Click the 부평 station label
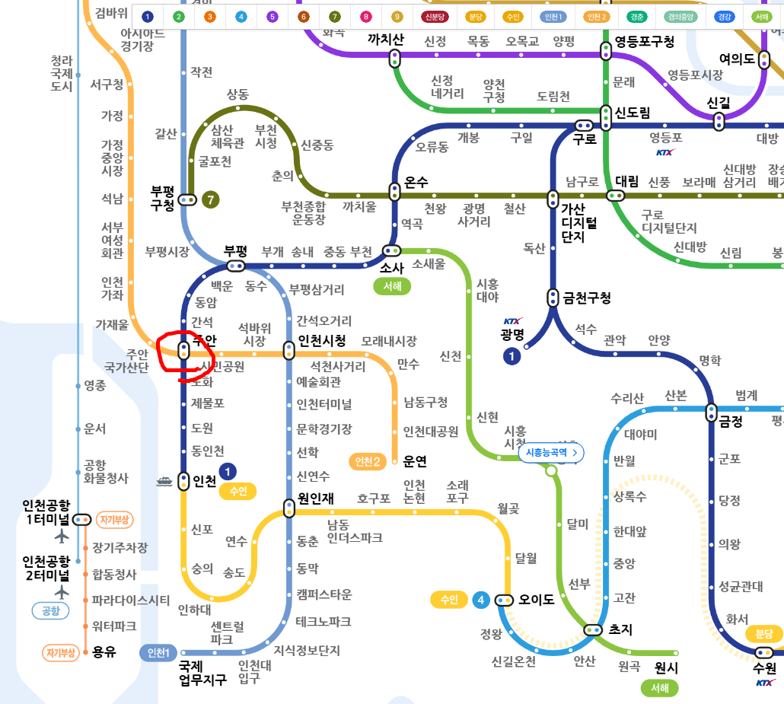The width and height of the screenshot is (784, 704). point(236,250)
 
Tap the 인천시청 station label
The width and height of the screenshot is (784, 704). point(321,340)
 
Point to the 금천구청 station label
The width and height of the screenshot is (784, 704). point(587,298)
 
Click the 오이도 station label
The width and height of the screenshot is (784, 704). point(537,600)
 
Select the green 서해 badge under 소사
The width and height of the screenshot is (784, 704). point(392,286)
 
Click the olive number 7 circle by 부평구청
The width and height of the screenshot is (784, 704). point(210,200)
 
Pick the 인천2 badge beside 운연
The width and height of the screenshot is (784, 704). point(368,461)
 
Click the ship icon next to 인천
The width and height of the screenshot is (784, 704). point(164,480)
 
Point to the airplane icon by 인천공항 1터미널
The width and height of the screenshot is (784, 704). point(62,536)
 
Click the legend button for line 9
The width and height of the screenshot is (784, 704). point(396,17)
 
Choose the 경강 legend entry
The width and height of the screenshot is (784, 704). point(725,17)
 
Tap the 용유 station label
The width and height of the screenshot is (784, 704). point(104,651)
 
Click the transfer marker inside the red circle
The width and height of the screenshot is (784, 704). point(183,350)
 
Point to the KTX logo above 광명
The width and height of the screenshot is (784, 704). point(513,322)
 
